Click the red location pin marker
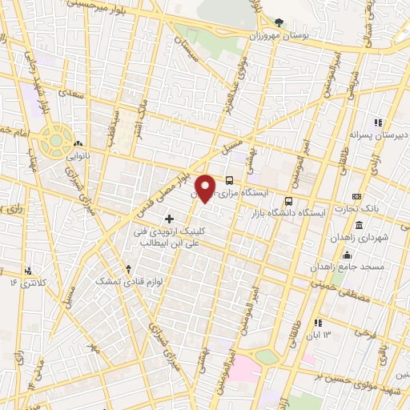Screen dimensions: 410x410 pos(207,188)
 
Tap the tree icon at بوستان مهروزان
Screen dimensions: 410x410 pos(279,22)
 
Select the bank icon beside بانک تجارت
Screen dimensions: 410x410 pos(356,196)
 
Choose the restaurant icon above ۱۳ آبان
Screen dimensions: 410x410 pos(318,322)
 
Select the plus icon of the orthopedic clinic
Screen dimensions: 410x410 pos(169,218)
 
